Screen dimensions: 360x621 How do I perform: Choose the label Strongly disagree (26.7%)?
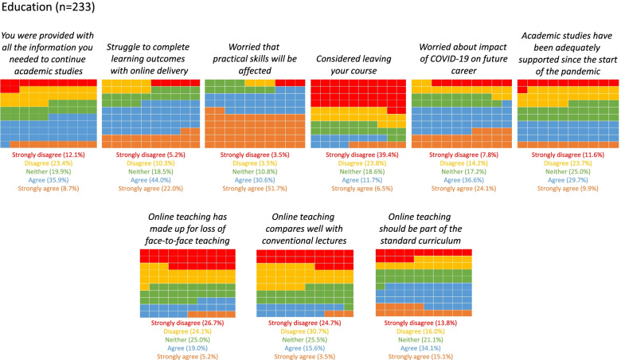pyautogui.click(x=187, y=323)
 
